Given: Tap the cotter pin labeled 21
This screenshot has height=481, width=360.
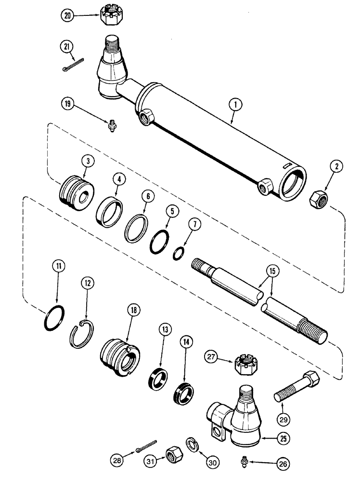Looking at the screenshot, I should point(73,62).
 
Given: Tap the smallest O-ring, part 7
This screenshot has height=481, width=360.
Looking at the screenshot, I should point(178,253).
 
